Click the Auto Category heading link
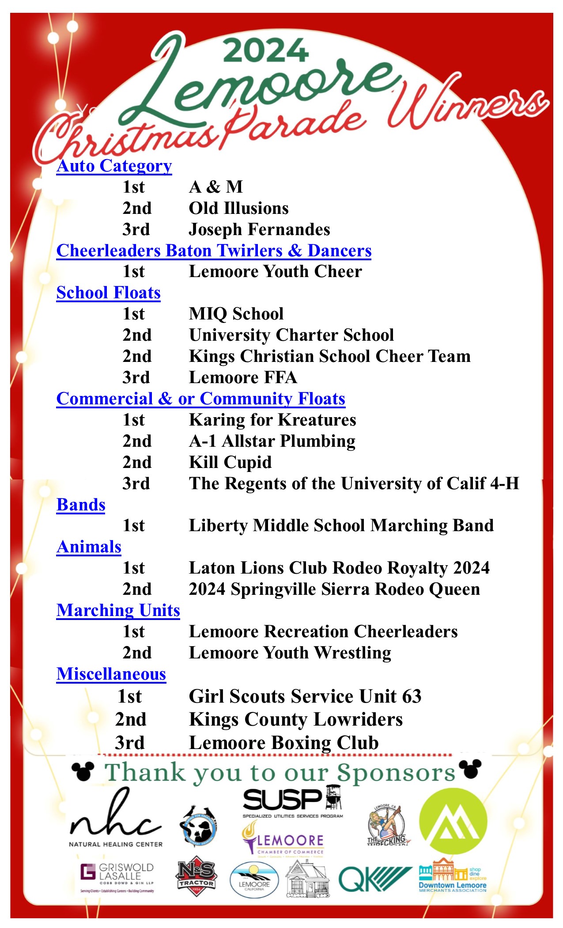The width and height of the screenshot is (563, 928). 114,166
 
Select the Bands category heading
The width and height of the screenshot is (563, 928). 81,505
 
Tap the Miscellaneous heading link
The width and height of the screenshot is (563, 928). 111,674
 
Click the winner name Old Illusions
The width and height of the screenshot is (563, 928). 238,208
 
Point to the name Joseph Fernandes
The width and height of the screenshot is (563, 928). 259,229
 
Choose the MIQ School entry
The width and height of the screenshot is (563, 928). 236,314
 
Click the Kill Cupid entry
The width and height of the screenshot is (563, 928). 230,462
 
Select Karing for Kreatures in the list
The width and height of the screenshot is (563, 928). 272,420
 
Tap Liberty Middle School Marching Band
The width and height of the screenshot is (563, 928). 341,525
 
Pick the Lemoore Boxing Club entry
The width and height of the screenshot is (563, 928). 283,743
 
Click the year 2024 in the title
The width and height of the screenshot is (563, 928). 266,51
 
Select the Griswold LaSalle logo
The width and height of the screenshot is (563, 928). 117,878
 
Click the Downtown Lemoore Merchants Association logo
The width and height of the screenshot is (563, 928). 453,877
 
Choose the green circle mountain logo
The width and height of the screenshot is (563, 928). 453,822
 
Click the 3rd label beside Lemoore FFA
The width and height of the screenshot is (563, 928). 136,377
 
